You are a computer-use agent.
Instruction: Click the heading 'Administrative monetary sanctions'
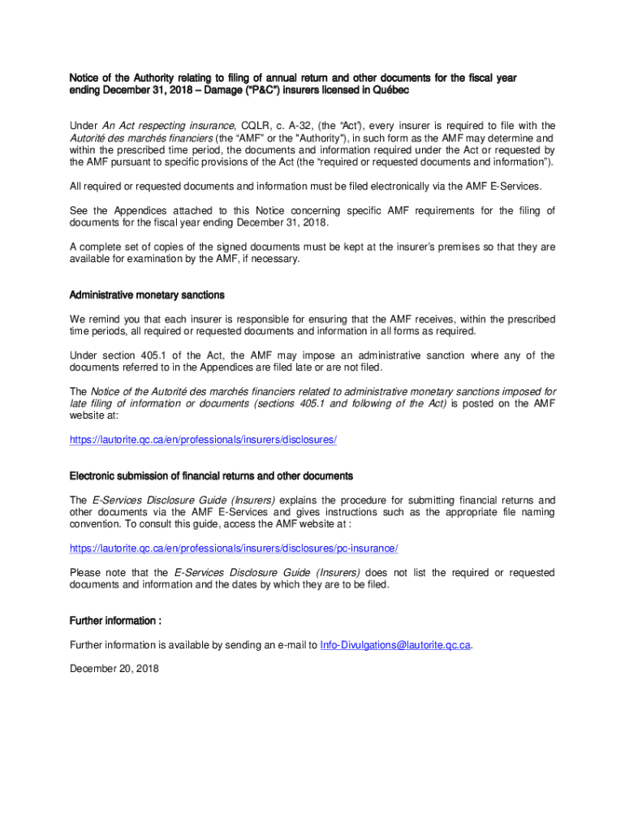click(147, 295)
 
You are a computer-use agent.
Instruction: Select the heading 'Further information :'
click(115, 621)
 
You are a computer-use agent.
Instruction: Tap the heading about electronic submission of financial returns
click(211, 476)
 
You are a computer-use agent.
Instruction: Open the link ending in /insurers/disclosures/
click(203, 440)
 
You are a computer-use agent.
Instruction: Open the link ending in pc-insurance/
click(234, 549)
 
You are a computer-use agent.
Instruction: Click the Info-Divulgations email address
click(395, 645)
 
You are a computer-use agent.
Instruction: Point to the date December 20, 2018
click(114, 670)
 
